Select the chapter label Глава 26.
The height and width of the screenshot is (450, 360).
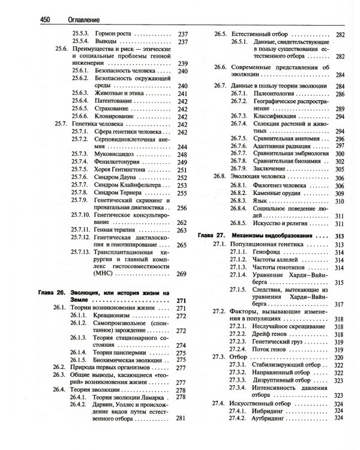(x=50, y=293)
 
